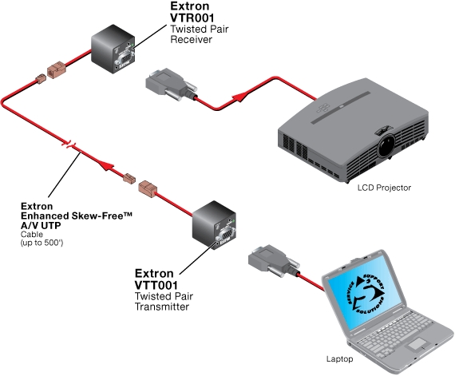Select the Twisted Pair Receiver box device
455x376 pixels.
tap(111, 47)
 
